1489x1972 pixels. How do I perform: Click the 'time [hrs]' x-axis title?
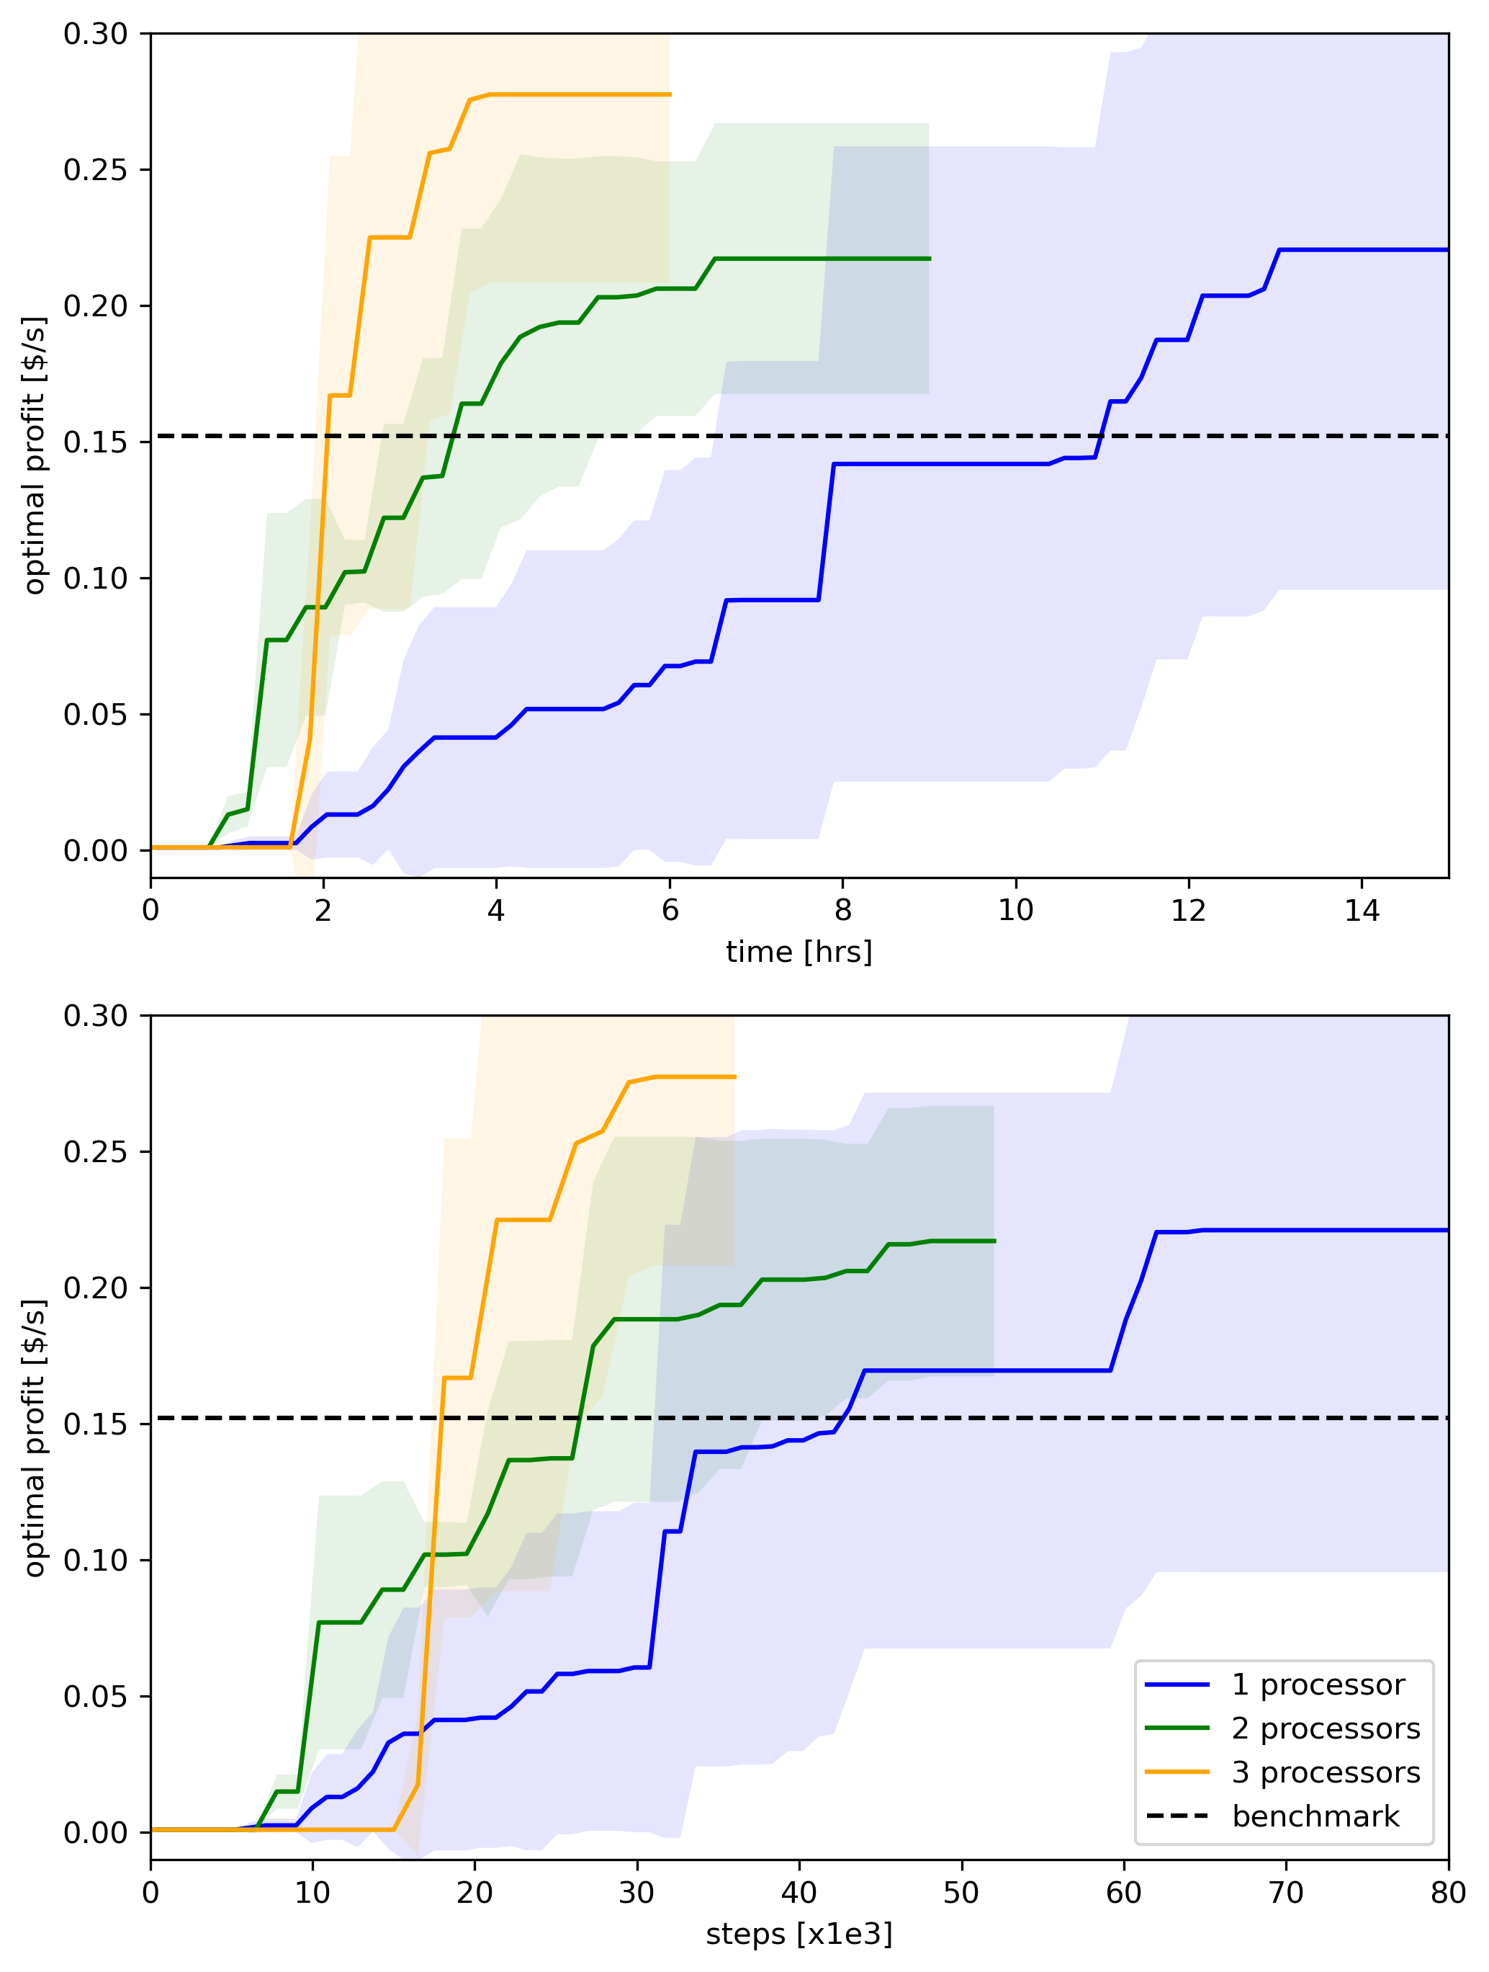[x=799, y=952]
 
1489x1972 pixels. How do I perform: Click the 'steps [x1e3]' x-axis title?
[x=799, y=1934]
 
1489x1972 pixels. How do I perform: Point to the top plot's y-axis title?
[x=34, y=455]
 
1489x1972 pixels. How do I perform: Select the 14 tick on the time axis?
[x=1362, y=910]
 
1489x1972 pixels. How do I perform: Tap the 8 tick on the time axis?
[x=842, y=910]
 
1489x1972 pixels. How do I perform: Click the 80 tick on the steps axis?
[x=1448, y=1893]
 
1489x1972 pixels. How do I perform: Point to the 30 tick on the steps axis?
[x=637, y=1893]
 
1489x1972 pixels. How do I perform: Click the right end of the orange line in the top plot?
[x=670, y=94]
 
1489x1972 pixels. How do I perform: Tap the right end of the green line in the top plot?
[x=930, y=259]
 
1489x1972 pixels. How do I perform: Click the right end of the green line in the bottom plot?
[x=994, y=1241]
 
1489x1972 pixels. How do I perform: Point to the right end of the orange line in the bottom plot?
[x=735, y=1077]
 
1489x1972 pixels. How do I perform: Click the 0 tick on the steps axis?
[x=150, y=1893]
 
